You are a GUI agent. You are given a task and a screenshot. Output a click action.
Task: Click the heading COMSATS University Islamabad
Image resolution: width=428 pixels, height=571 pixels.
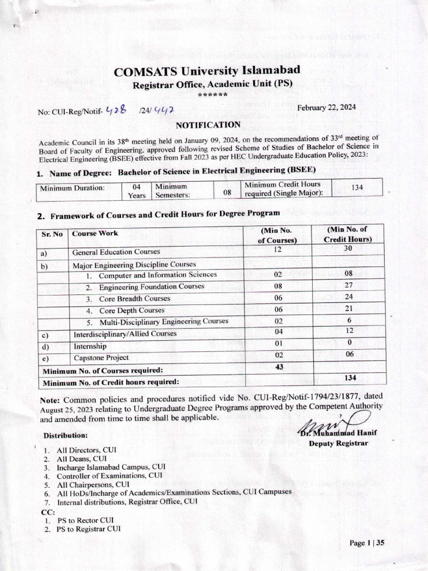click(x=207, y=71)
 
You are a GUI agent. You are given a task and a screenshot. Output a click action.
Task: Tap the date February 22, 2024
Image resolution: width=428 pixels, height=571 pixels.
click(x=326, y=107)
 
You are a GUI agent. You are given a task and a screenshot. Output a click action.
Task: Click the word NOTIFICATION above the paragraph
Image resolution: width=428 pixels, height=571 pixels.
click(x=208, y=125)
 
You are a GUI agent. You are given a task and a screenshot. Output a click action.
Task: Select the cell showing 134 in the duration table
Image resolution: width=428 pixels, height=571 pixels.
click(x=357, y=187)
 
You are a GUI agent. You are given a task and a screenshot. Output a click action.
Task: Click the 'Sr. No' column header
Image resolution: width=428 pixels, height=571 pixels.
click(x=51, y=234)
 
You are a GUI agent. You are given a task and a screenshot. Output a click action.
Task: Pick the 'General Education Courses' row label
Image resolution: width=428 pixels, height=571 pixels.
click(x=116, y=252)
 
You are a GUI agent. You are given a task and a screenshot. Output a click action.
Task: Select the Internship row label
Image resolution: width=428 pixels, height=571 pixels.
click(x=90, y=346)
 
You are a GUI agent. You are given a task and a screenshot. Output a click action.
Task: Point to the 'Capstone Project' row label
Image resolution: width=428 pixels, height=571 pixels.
click(x=101, y=357)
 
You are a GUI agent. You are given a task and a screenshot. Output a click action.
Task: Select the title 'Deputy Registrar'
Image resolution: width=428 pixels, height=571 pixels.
click(x=338, y=443)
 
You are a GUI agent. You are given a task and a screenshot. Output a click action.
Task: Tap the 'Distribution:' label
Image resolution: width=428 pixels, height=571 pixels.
click(x=65, y=435)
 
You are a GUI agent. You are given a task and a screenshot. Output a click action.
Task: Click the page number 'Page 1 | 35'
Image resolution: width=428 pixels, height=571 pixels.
click(x=367, y=543)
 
